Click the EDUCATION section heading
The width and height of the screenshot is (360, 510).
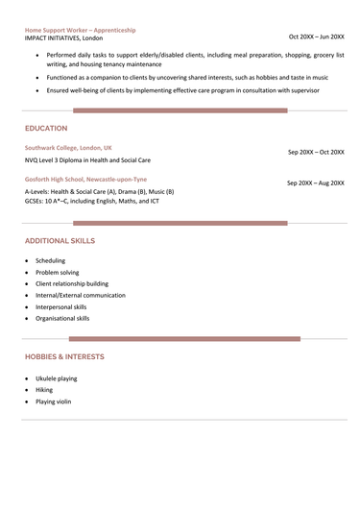click(46, 128)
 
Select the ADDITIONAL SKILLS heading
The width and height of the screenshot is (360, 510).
click(60, 240)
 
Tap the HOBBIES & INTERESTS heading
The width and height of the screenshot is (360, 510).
click(64, 356)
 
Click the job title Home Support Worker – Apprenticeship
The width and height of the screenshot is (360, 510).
click(80, 30)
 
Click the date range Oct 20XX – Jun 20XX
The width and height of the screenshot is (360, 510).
click(316, 36)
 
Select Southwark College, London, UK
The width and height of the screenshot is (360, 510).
click(68, 148)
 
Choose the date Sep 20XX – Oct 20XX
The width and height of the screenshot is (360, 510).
click(316, 152)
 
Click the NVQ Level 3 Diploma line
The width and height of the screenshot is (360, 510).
click(87, 160)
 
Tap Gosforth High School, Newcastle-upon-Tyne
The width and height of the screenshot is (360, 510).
click(86, 180)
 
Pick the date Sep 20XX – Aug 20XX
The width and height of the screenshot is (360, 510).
click(316, 182)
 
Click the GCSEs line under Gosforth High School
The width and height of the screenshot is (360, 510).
click(92, 202)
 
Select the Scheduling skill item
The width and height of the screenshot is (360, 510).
click(51, 260)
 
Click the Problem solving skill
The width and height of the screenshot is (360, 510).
click(58, 273)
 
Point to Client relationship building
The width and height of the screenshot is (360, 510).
click(72, 284)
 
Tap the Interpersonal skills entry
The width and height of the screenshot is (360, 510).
click(61, 306)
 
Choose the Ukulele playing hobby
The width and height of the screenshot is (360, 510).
click(57, 378)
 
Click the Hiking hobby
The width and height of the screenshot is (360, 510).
click(44, 390)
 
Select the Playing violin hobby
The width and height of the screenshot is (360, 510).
click(54, 401)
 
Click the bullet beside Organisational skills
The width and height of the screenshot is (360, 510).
click(27, 318)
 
